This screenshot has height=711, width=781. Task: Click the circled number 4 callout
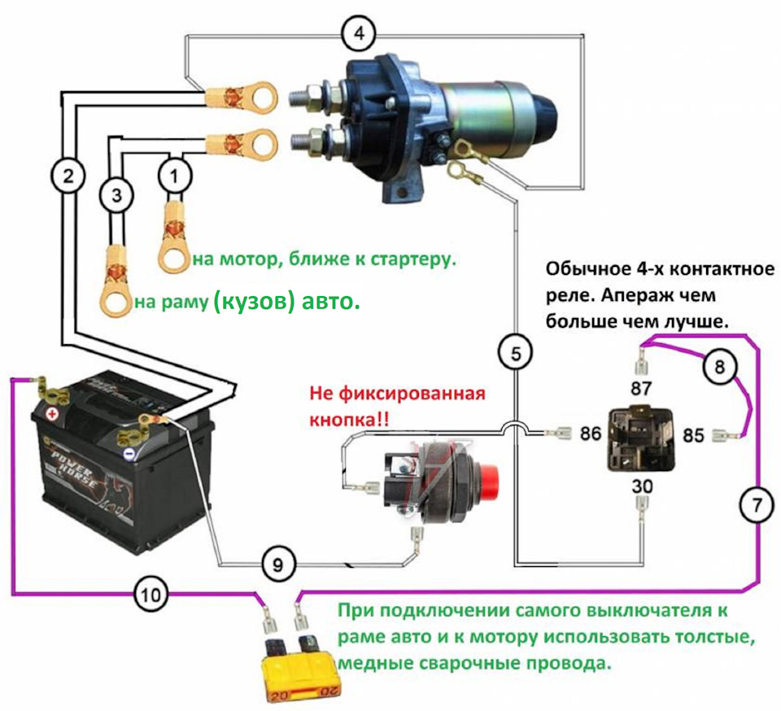point(359,35)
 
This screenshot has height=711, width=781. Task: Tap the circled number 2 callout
point(67,174)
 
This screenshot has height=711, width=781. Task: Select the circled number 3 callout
point(116,195)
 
